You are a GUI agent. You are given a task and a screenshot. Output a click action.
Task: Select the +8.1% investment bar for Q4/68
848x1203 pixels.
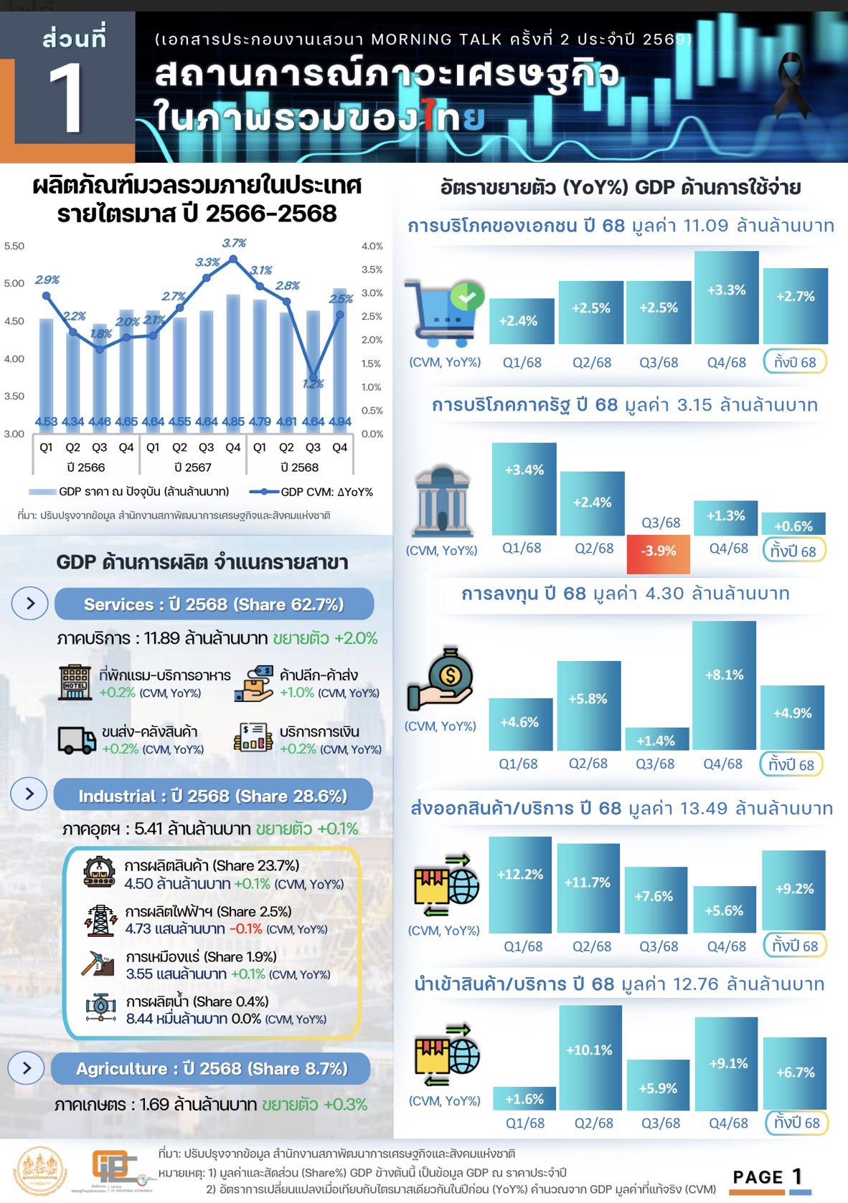(724, 685)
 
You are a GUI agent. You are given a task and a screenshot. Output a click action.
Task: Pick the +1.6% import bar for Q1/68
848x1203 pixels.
(524, 1098)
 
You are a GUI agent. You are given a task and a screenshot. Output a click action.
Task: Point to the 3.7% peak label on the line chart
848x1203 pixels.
(234, 243)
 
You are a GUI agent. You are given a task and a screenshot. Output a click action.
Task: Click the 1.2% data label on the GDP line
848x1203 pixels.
(314, 384)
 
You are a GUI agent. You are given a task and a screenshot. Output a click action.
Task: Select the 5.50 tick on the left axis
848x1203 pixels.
(14, 246)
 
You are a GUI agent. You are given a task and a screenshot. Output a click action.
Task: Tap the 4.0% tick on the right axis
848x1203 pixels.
(372, 246)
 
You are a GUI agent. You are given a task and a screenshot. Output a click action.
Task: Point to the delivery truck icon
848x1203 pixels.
(76, 740)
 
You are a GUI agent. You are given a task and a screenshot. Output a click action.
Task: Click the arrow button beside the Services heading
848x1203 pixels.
(30, 604)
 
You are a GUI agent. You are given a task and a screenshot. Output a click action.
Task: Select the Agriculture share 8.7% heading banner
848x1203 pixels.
(211, 1068)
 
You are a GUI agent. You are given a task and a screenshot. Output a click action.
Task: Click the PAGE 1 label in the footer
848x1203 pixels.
(768, 1176)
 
